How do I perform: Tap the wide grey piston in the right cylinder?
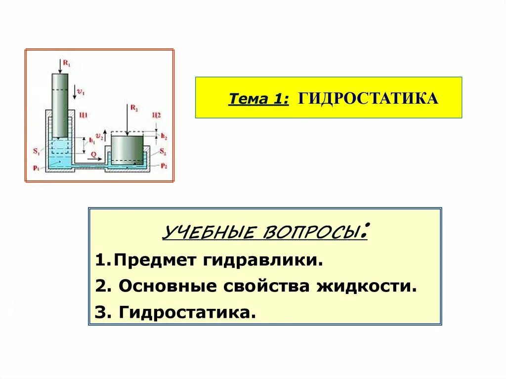(x=126, y=149)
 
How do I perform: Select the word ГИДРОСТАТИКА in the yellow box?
(x=368, y=98)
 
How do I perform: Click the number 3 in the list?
(x=98, y=312)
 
